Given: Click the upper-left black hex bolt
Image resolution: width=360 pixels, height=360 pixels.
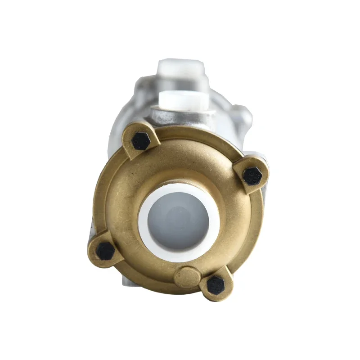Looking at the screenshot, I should [141, 141].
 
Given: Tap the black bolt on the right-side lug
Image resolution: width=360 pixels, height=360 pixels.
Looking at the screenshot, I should [252, 175].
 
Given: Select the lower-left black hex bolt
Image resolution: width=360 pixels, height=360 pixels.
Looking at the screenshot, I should [105, 251].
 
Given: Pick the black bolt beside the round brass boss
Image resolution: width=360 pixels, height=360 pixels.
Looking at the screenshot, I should [216, 285].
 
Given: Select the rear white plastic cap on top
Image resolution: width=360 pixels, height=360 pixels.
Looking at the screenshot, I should [180, 68].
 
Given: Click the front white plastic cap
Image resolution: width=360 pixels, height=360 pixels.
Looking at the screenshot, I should [180, 99].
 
